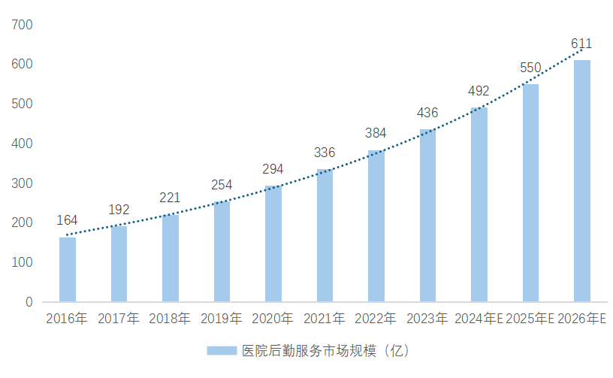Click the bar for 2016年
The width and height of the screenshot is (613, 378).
pyautogui.click(x=68, y=269)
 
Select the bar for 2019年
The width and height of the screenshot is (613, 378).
pyautogui.click(x=222, y=251)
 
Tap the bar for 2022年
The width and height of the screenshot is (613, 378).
pyautogui.click(x=376, y=225)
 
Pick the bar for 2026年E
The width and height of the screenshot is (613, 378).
pyautogui.click(x=581, y=180)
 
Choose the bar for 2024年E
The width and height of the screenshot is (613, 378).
pyautogui.click(x=479, y=204)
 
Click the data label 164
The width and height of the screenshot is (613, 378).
pyautogui.click(x=68, y=221)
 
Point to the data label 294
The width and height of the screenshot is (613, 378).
pyautogui.click(x=273, y=169)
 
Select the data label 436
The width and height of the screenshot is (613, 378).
pyautogui.click(x=427, y=113)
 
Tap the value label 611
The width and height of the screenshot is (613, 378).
pyautogui.click(x=581, y=44)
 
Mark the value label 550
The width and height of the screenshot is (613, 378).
pyautogui.click(x=530, y=68)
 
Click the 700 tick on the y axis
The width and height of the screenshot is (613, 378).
pyautogui.click(x=23, y=25)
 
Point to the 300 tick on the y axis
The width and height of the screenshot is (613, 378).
pyautogui.click(x=23, y=183)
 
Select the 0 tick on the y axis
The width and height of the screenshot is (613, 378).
pyautogui.click(x=29, y=302)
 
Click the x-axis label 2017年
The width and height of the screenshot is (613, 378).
pyautogui.click(x=119, y=319)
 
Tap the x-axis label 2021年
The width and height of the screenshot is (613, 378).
pyautogui.click(x=325, y=319)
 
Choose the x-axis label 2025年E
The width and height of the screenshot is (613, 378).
pyautogui.click(x=530, y=319)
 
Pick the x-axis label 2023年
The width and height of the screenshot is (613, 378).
pyautogui.click(x=427, y=319)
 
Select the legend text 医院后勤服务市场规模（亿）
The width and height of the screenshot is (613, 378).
pyautogui.click(x=325, y=350)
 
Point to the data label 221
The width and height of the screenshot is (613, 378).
pyautogui.click(x=171, y=198)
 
